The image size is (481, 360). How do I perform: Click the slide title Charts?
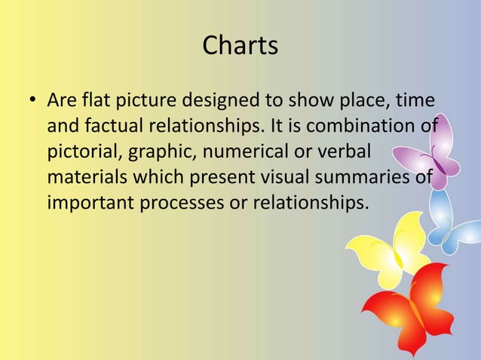tap(240, 46)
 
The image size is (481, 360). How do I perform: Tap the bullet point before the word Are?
tap(32, 100)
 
